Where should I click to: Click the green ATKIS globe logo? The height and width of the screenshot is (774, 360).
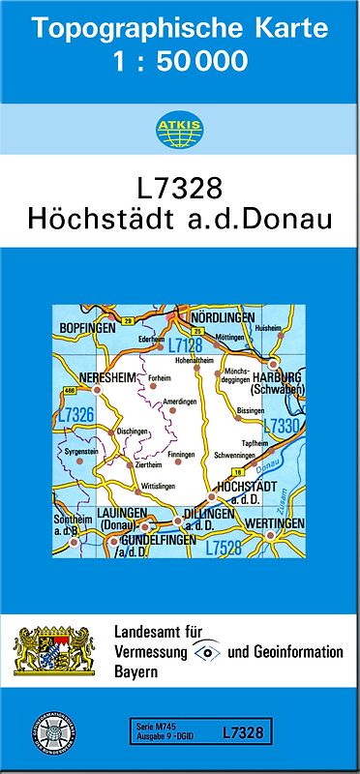point(179,131)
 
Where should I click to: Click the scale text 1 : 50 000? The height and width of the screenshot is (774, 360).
point(179,63)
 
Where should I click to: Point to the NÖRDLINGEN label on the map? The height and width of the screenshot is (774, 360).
point(222,317)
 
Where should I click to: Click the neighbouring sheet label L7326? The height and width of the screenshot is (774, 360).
point(75,414)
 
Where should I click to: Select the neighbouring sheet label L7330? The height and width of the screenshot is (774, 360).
point(283,424)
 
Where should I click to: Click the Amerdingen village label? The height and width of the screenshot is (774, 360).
point(181,401)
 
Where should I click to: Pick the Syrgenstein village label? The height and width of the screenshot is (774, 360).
point(82,452)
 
